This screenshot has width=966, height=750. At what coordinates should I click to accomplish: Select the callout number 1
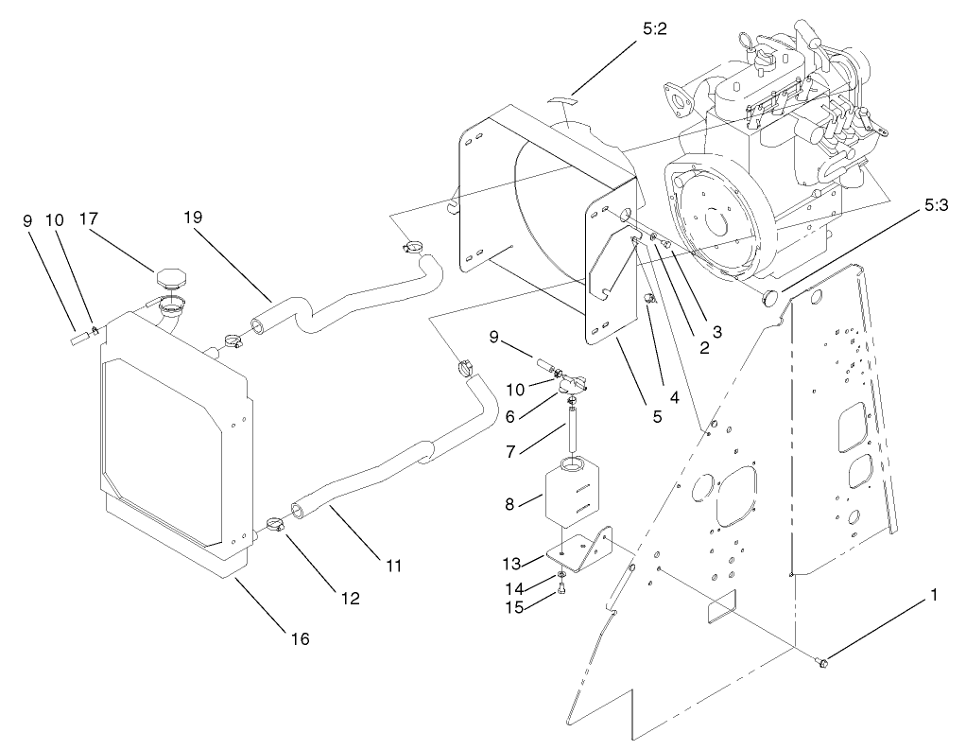click(x=935, y=596)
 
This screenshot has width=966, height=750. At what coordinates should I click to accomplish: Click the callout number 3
click(x=717, y=331)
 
